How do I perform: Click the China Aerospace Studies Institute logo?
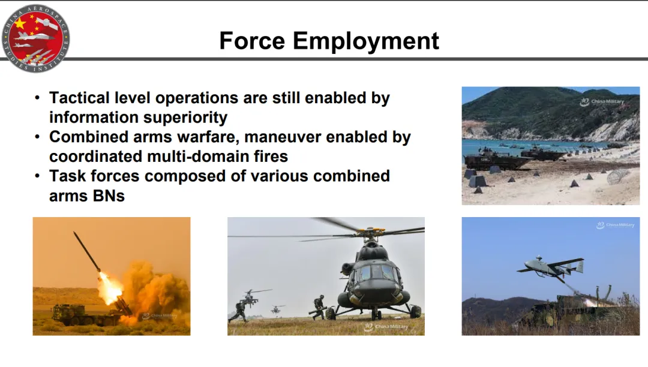(x=35, y=39)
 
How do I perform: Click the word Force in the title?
(x=252, y=41)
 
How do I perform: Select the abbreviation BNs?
(x=109, y=195)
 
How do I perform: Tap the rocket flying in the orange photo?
(x=87, y=251)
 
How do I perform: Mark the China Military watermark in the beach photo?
(x=602, y=101)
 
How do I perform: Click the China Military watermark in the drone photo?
(x=615, y=225)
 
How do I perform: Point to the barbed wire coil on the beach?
(x=617, y=177)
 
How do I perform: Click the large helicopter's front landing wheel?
(x=376, y=315)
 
